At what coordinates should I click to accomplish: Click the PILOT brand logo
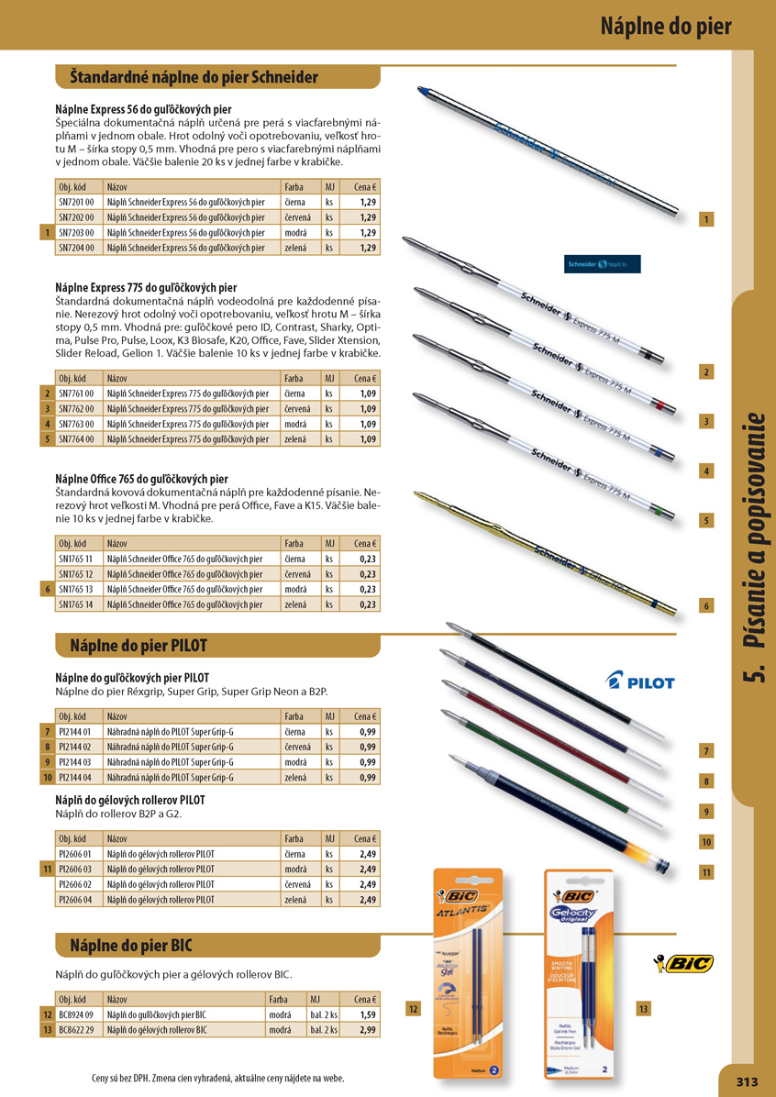[640, 682]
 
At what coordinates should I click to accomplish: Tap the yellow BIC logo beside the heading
[682, 962]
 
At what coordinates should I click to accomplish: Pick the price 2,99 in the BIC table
[367, 1030]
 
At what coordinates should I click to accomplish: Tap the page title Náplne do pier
[666, 26]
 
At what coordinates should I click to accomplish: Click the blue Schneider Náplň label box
[603, 264]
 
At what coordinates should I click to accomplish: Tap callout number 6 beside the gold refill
[706, 606]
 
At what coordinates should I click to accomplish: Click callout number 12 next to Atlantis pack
[413, 1009]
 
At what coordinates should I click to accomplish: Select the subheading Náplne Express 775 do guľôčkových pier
[146, 288]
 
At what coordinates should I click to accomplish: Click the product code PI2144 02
[76, 748]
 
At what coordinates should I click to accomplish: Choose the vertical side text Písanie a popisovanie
[754, 550]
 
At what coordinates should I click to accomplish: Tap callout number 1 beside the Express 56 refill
[706, 219]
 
